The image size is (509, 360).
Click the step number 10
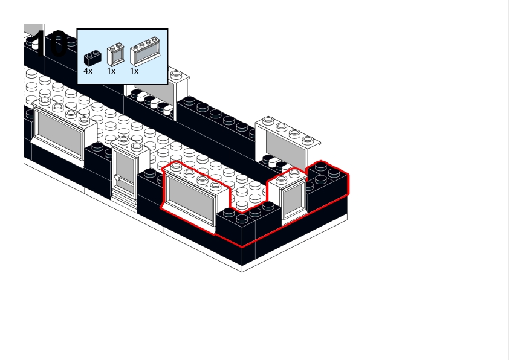[x=48, y=43]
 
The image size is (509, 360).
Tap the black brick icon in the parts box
[x=92, y=57]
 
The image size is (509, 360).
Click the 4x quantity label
[x=88, y=71]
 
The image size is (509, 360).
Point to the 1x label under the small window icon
[x=111, y=71]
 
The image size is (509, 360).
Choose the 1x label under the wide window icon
[x=134, y=71]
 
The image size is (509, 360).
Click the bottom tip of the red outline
[x=242, y=246]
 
